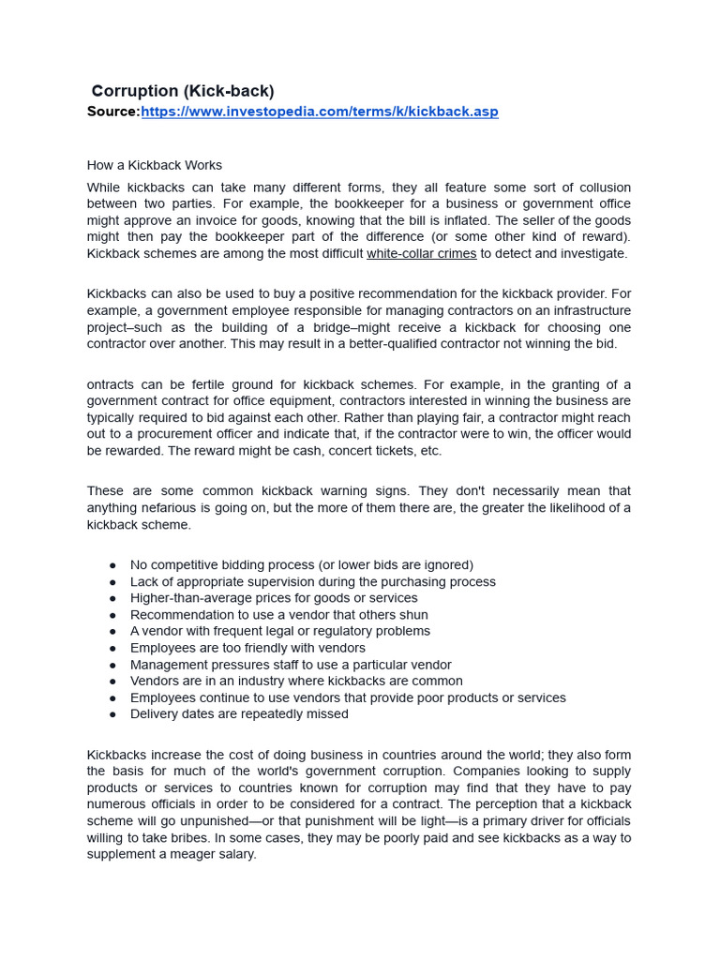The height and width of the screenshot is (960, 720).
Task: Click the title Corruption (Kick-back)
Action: [183, 91]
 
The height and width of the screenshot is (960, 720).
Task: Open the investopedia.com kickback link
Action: [319, 112]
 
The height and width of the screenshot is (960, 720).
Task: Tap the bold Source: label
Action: [113, 112]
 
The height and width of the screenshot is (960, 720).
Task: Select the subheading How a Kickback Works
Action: [155, 165]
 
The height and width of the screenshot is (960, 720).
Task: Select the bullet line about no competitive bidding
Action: [301, 564]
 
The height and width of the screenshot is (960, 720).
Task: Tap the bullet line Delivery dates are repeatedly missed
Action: [239, 713]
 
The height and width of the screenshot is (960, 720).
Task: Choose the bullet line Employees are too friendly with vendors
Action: [247, 648]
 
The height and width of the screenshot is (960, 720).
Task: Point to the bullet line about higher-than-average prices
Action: [274, 598]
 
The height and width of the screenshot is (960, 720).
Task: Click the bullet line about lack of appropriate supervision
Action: [312, 581]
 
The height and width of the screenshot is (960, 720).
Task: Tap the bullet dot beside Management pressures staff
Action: [112, 665]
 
